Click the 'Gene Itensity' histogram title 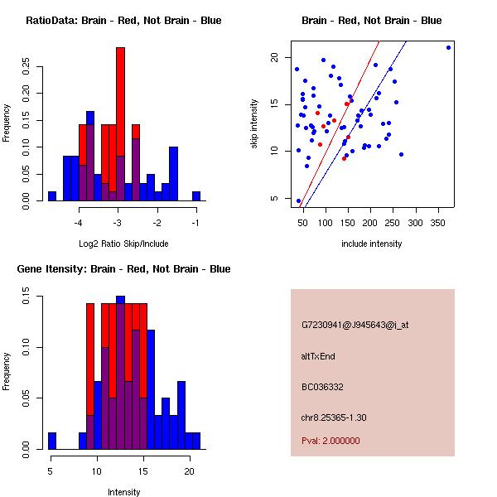(123, 269)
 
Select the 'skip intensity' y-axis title (255, 124)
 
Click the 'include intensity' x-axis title (372, 244)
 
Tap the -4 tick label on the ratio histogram (80, 223)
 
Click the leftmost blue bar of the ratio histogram (51, 195)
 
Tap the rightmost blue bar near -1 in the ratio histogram (196, 195)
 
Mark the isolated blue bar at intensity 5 (51, 440)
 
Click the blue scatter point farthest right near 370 (448, 47)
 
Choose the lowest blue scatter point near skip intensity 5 (298, 200)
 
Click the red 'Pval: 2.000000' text (331, 441)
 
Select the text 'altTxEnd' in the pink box (319, 356)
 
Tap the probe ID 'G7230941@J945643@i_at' (355, 325)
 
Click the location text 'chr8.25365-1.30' (334, 417)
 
